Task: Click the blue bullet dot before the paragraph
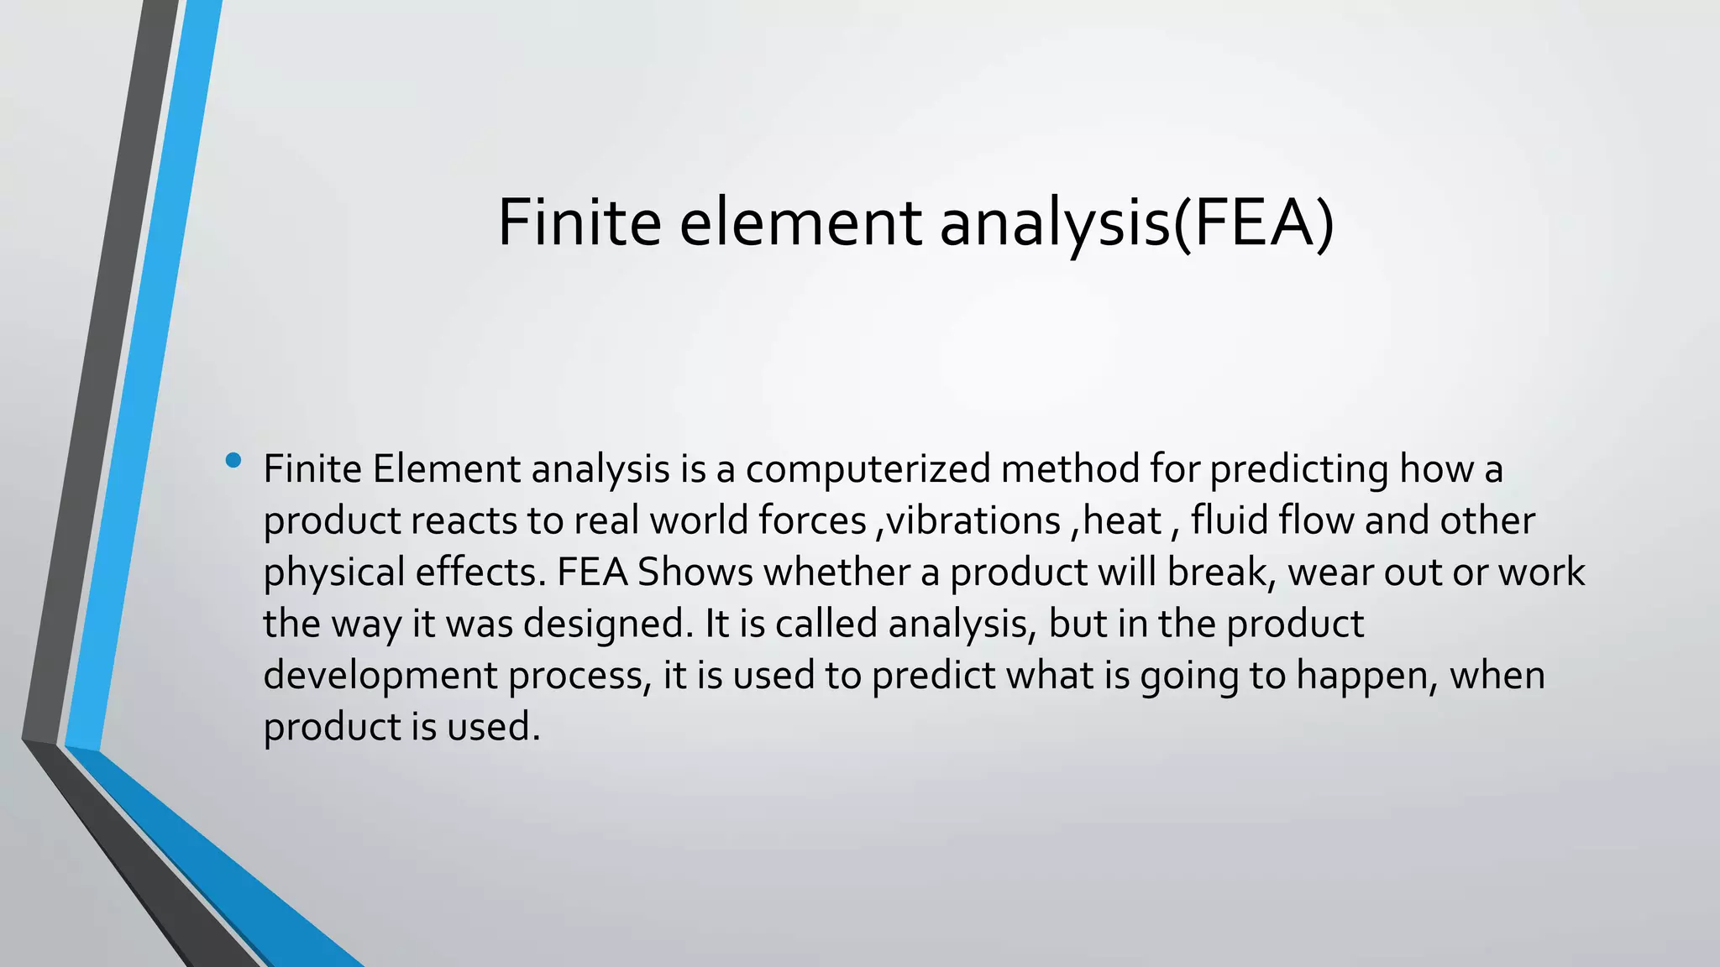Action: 233,460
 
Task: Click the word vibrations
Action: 973,520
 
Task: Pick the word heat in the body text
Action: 1122,520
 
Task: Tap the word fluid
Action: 1230,520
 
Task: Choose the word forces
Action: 812,520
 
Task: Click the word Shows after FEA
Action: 695,572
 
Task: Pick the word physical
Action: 334,572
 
